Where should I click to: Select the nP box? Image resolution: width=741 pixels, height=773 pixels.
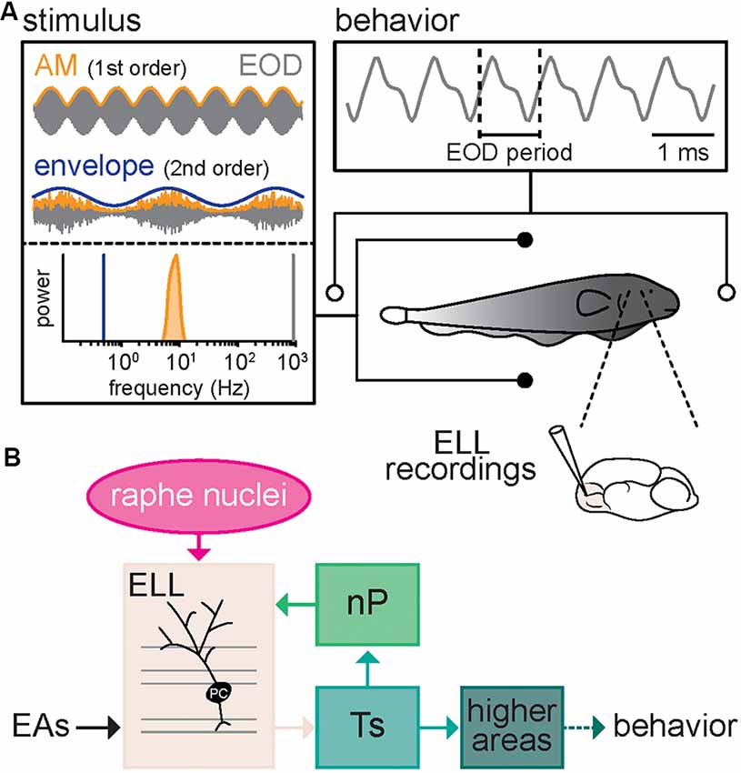[366, 606]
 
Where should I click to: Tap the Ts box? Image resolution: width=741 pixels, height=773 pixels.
[366, 725]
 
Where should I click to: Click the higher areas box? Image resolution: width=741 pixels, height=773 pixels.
[512, 725]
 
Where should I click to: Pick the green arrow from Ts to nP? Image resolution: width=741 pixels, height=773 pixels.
[366, 667]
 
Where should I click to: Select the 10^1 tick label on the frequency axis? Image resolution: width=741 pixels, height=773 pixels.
[182, 361]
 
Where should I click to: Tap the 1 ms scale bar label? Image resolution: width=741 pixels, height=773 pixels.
[681, 150]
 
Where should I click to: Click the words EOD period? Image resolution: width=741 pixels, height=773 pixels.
[509, 151]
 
